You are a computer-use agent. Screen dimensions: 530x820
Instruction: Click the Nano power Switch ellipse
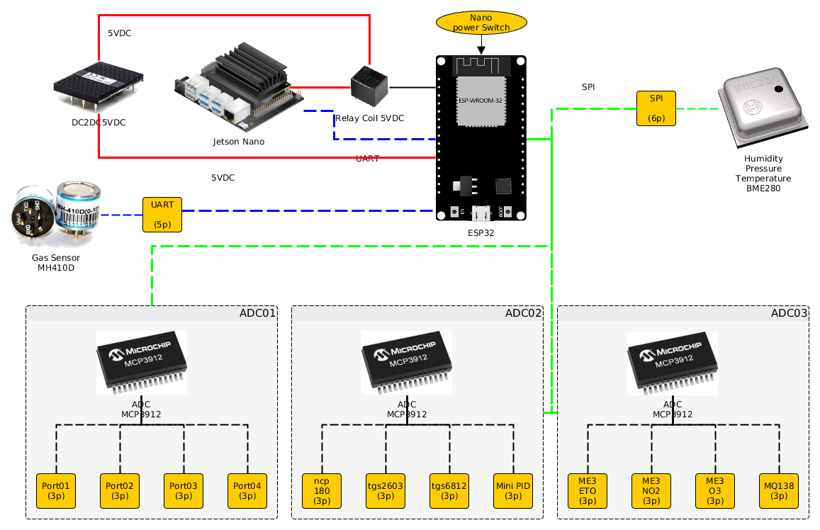pos(481,22)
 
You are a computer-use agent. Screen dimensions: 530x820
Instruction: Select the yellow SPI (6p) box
pos(656,108)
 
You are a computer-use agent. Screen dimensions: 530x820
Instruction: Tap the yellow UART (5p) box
pos(162,214)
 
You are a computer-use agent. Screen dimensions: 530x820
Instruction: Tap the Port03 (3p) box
pos(184,490)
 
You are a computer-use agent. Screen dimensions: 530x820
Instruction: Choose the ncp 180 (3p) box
pos(322,490)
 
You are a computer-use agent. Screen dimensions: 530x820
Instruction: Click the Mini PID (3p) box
pos(513,490)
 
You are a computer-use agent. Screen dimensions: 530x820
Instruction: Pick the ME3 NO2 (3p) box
pos(651,490)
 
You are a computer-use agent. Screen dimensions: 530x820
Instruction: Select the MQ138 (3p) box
pos(779,490)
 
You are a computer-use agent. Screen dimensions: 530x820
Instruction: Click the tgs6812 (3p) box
pos(449,490)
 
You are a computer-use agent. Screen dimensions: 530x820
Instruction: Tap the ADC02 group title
pos(523,312)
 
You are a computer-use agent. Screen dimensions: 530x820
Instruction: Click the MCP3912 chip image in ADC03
pos(673,363)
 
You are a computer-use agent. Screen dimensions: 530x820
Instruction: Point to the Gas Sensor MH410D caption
pos(56,262)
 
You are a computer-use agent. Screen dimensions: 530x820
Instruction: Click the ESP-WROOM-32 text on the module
pos(481,101)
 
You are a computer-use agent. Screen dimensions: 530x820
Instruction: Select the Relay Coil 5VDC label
pos(369,118)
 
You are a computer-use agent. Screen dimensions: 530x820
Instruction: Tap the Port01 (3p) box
pos(56,490)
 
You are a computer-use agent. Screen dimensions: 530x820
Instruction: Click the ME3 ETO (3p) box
pos(588,490)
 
